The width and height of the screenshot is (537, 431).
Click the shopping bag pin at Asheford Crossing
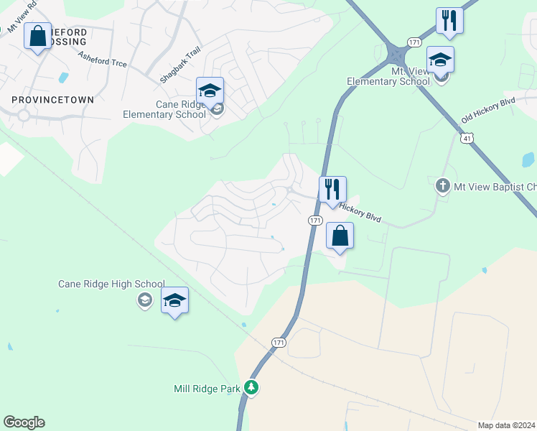[37, 36]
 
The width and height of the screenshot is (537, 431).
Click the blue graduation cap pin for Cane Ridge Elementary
[210, 91]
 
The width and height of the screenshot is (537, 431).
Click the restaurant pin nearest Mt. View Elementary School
[449, 21]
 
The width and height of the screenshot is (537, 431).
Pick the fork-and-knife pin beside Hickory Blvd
[332, 190]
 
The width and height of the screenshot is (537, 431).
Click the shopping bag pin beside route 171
[340, 236]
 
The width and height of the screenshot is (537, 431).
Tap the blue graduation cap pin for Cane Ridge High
[174, 300]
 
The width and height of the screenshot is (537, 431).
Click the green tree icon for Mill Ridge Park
[251, 388]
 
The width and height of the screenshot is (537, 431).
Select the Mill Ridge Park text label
[207, 389]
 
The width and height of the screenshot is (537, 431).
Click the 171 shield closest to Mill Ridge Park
[279, 343]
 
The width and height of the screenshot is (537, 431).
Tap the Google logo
[24, 422]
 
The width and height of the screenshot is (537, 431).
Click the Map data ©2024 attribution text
[506, 425]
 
